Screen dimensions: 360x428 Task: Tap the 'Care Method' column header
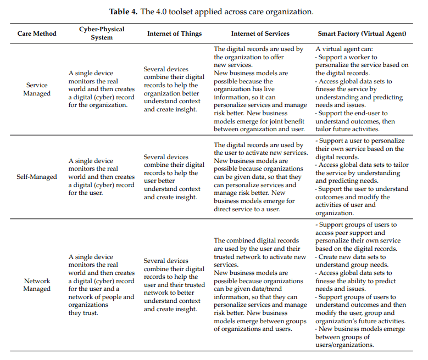click(x=37, y=33)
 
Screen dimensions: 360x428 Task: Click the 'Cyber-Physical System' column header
click(x=102, y=33)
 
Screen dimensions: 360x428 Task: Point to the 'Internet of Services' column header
click(x=260, y=33)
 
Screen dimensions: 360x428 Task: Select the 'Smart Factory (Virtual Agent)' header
click(x=362, y=33)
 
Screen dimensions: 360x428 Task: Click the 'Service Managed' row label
click(x=37, y=89)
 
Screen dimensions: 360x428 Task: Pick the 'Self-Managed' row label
click(x=37, y=177)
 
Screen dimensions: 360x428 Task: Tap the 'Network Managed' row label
click(x=37, y=285)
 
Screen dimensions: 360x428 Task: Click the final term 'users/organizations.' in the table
click(x=344, y=345)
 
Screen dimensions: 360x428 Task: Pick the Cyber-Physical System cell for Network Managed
click(x=102, y=285)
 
